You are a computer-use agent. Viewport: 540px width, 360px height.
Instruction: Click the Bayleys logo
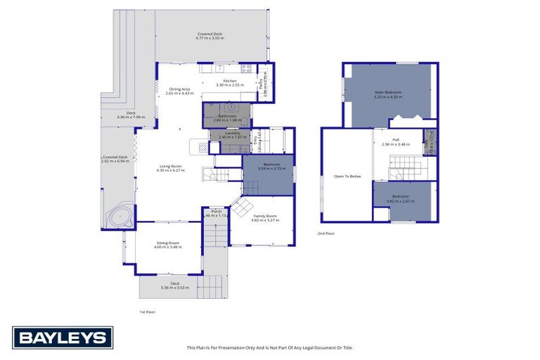coord(63,337)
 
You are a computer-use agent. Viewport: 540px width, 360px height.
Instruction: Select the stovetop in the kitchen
coord(246,68)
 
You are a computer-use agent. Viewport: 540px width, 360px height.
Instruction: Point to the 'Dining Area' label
coord(179,89)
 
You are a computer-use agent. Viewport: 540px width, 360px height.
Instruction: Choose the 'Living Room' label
coord(171,166)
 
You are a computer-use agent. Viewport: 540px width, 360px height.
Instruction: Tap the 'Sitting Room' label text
coord(167,243)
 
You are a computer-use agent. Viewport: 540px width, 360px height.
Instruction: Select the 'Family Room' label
coord(265,216)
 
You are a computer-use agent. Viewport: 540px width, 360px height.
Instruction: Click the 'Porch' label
coord(217,212)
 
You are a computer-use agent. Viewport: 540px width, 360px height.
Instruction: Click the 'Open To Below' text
coord(347,176)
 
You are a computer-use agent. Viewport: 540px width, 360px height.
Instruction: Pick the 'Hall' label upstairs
coord(396,139)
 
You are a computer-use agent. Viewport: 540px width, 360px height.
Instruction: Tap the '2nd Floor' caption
coord(326,233)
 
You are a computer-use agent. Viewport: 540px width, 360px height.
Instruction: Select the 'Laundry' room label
coord(233,132)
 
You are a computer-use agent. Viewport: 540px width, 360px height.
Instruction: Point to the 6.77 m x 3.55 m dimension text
coord(211,38)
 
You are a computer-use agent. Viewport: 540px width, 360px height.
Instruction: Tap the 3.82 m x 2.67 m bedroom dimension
coord(400,201)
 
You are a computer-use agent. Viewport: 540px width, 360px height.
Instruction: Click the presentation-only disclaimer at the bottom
coord(269,347)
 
